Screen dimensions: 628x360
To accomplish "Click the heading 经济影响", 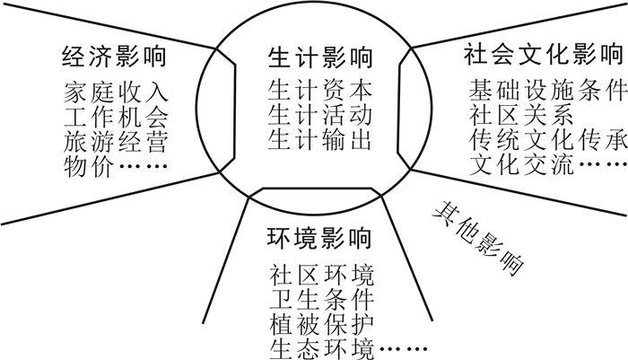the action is point(115,59).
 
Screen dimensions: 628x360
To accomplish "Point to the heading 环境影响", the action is point(319,240).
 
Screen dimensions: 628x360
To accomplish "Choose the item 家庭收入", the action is point(115,92).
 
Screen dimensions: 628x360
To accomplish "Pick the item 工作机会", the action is point(115,117).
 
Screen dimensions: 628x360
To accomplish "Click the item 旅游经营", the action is point(115,142).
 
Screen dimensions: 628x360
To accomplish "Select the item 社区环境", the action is point(320,274).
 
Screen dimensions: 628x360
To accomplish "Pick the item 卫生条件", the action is point(320,298).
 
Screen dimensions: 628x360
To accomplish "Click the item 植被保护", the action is point(320,322).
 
